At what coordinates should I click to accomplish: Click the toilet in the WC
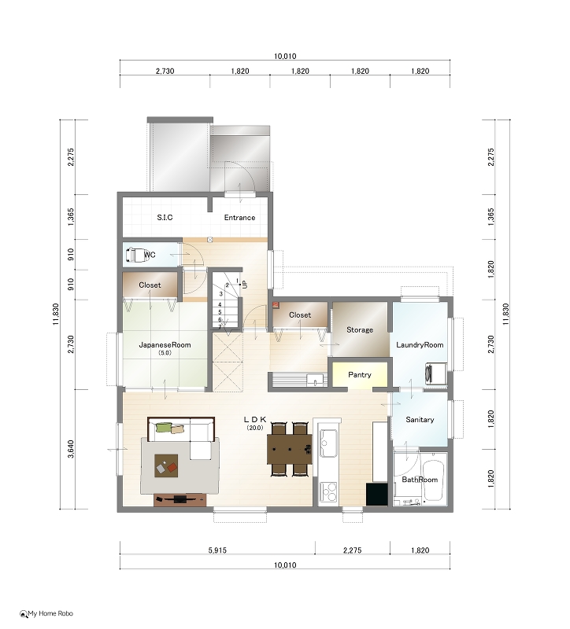tap(135, 255)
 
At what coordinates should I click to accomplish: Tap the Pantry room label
tap(360, 375)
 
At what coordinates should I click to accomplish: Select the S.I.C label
tap(165, 218)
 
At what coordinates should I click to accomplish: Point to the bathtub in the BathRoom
tap(434, 480)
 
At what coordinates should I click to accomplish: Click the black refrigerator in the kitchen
tap(377, 495)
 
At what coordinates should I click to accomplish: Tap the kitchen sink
tap(329, 443)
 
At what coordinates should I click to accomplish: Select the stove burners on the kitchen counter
tap(328, 492)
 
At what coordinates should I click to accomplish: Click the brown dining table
tap(290, 449)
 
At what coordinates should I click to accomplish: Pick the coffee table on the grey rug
tap(166, 465)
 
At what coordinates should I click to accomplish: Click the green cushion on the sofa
tap(164, 428)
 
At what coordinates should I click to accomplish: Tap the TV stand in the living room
tap(180, 500)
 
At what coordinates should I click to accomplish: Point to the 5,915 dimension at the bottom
tap(217, 550)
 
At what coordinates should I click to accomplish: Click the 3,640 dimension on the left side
tap(71, 449)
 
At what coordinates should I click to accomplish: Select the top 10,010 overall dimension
tap(285, 56)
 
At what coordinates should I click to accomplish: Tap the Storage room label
tap(360, 329)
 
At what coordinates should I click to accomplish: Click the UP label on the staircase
tap(245, 285)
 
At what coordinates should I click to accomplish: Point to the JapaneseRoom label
tap(165, 344)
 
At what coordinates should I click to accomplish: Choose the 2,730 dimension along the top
tap(165, 71)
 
